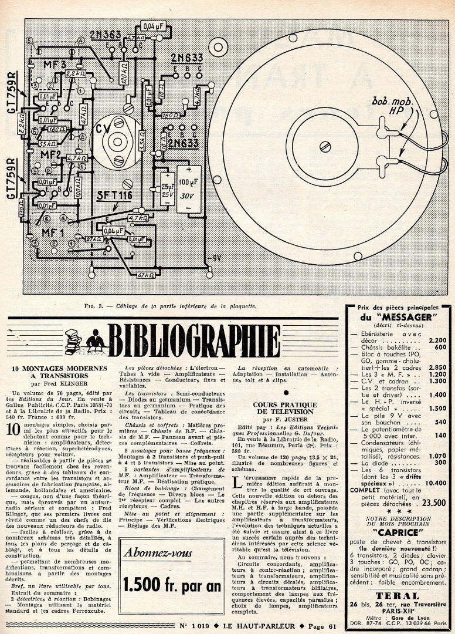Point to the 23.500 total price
430,502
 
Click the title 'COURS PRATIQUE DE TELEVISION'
284,408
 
